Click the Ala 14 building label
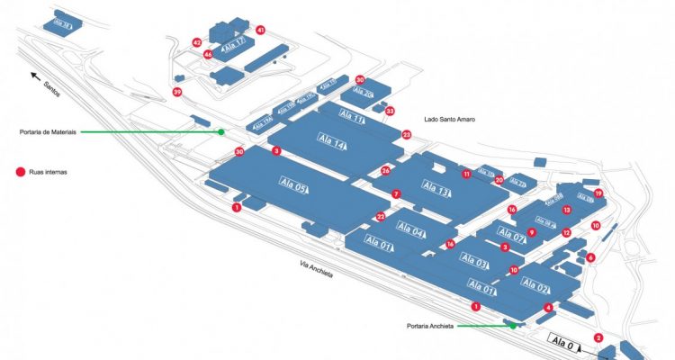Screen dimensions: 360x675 (x=332, y=140)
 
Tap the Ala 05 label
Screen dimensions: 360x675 (x=294, y=185)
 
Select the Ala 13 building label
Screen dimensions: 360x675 (x=436, y=189)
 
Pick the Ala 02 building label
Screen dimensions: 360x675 (x=535, y=288)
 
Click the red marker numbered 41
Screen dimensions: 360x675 (x=261, y=30)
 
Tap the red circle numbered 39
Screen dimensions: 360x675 (x=177, y=92)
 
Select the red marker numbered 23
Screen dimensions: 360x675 (x=407, y=135)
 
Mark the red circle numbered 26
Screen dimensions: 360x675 (x=386, y=169)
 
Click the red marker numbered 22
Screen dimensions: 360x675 (x=381, y=216)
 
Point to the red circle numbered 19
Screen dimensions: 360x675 (x=598, y=193)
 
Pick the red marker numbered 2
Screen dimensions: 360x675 (x=598, y=338)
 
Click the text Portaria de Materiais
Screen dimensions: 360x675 (x=49, y=131)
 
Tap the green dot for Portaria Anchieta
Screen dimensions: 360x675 (x=513, y=326)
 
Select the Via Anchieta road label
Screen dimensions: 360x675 (x=317, y=269)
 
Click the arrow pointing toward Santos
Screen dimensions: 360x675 (x=37, y=76)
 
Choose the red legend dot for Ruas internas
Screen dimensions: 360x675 (x=17, y=171)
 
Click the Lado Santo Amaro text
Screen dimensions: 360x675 (x=448, y=119)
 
